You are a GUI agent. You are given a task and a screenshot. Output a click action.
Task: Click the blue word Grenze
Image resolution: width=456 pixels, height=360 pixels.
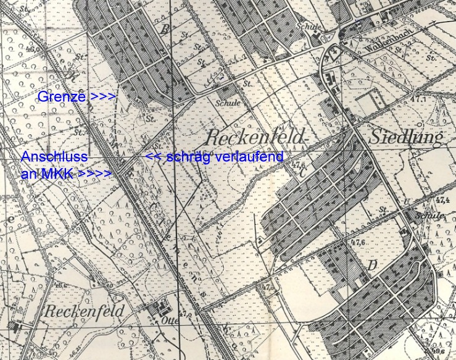pos(62,97)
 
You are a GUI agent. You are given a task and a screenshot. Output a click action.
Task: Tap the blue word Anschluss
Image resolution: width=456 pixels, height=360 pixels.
pos(54,157)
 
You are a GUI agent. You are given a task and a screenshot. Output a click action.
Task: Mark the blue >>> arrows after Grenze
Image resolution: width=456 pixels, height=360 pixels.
pos(102,97)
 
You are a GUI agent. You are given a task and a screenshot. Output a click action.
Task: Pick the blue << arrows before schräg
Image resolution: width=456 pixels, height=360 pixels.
pos(152,157)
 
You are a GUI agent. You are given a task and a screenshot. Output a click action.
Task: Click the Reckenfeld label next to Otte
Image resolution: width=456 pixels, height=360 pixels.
pos(85,311)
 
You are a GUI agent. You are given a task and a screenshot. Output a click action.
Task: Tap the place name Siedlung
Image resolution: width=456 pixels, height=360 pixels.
pos(406,137)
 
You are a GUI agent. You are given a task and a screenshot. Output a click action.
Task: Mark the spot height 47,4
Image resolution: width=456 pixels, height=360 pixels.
pos(442,201)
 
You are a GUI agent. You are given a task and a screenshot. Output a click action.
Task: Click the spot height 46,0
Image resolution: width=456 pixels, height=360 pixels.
pos(60,285)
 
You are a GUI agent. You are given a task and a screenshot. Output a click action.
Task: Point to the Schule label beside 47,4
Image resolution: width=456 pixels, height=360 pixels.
pos(431,216)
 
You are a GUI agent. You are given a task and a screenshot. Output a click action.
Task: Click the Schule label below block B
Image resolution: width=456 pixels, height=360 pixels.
pos(227,103)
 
